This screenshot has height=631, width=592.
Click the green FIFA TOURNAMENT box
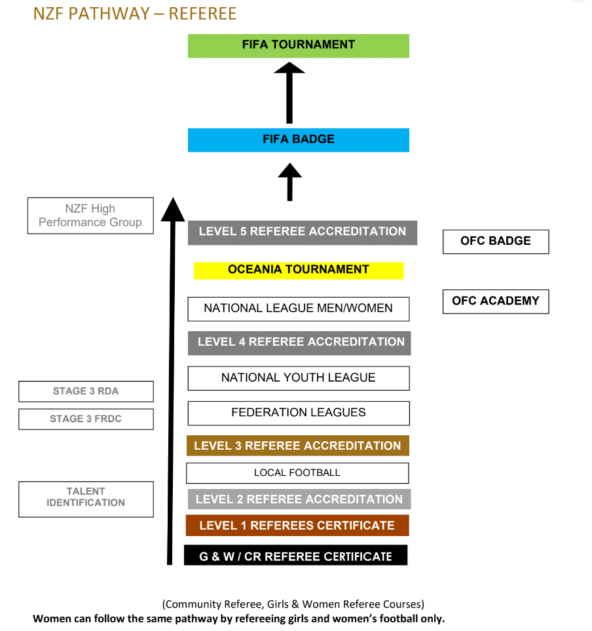[x=298, y=45]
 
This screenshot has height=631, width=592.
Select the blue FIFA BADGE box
[x=298, y=139]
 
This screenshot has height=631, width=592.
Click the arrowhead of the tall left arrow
[x=173, y=209]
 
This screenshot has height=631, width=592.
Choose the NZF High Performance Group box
[x=90, y=215]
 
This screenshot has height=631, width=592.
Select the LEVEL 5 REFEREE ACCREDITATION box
[x=302, y=232]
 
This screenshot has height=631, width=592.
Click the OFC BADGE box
[x=495, y=241]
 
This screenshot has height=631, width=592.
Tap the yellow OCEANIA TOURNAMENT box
[x=298, y=270]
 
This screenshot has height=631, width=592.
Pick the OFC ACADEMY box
[x=495, y=301]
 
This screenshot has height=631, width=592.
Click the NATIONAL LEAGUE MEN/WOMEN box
[x=298, y=308]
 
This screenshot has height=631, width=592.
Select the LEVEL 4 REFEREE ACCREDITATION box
[x=299, y=342]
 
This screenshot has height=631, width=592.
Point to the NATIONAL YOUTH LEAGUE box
[x=298, y=378]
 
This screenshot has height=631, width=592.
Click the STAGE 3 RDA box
[x=86, y=391]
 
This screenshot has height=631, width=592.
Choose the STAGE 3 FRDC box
[x=86, y=419]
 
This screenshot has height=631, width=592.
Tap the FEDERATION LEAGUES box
[x=298, y=413]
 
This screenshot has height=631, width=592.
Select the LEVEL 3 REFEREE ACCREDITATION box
[x=297, y=446]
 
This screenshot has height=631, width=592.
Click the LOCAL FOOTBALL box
[x=297, y=473]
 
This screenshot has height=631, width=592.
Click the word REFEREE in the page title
[x=202, y=13]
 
